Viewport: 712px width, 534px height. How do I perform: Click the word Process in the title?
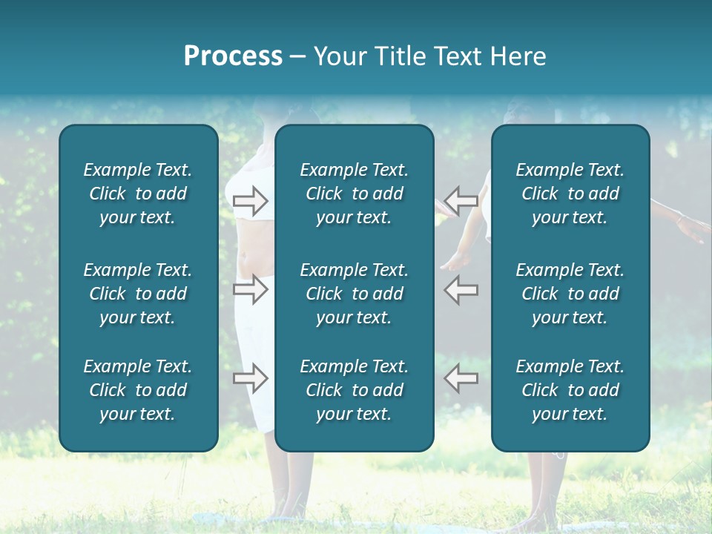click(233, 56)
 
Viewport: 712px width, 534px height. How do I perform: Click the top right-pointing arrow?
click(251, 200)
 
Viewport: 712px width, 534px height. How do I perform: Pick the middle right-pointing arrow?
click(251, 289)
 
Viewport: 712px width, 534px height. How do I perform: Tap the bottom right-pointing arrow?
click(251, 378)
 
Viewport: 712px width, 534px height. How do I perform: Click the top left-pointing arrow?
click(461, 200)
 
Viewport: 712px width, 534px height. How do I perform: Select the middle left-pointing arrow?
click(461, 289)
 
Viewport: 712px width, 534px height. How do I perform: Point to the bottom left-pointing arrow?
click(461, 378)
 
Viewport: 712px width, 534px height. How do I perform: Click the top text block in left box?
click(138, 194)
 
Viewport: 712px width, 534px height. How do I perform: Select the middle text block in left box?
click(138, 294)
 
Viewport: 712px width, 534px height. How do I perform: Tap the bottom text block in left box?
click(138, 390)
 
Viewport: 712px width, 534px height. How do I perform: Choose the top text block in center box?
click(354, 194)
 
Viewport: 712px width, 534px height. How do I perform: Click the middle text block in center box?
click(354, 294)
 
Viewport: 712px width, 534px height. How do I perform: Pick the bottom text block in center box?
click(354, 390)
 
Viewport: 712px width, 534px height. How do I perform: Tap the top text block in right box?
click(570, 194)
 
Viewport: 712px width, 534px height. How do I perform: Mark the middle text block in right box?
click(570, 294)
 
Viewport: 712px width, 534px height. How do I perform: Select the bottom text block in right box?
click(570, 390)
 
